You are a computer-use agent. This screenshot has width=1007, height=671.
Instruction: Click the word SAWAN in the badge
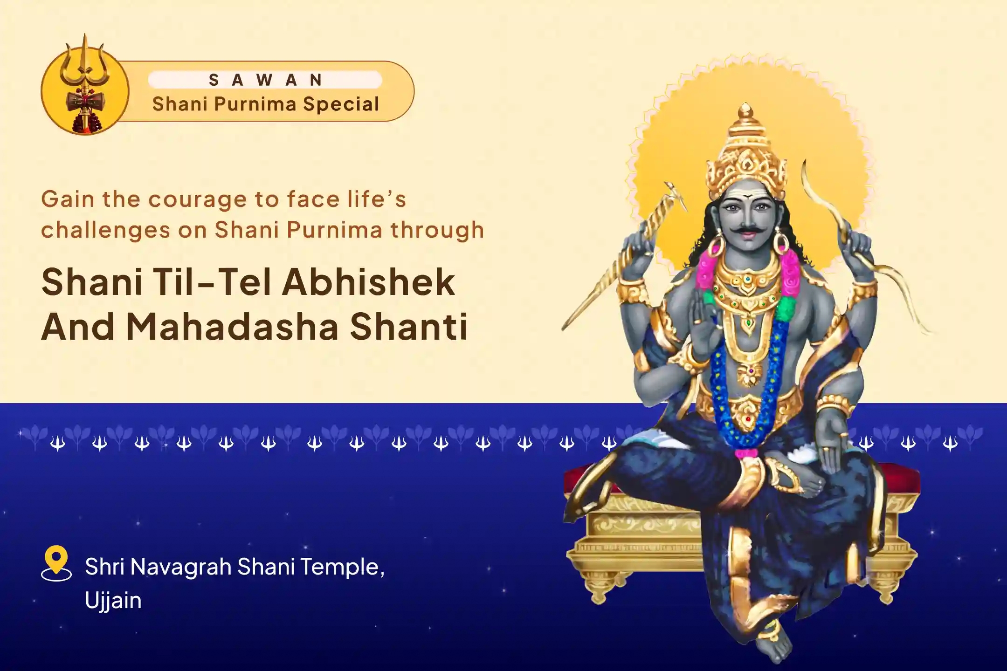point(265,80)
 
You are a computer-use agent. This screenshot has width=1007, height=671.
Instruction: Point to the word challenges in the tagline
point(105,230)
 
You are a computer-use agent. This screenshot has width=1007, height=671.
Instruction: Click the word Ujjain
point(113,600)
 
